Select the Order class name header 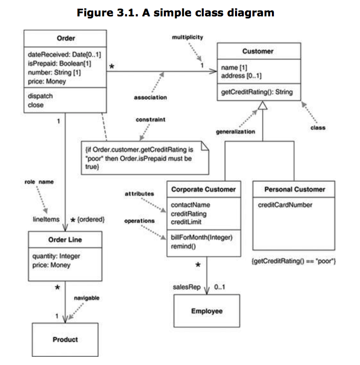click(x=65, y=38)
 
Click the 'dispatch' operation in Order click(x=40, y=96)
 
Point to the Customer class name click(x=258, y=51)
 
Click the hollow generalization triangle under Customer click(x=262, y=106)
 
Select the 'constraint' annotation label click(x=149, y=119)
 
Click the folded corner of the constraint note click(x=204, y=147)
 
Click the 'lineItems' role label click(x=45, y=219)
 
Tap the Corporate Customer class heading click(x=203, y=189)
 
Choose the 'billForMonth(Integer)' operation click(x=201, y=238)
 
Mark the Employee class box click(x=207, y=311)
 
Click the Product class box click(x=65, y=339)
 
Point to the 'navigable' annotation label click(x=87, y=297)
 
